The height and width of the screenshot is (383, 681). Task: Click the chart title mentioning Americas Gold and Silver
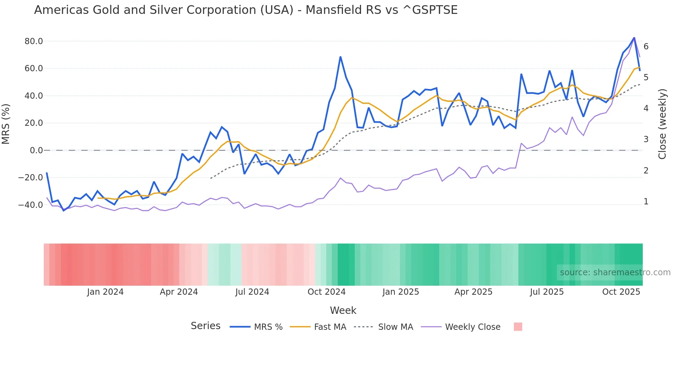click(x=246, y=10)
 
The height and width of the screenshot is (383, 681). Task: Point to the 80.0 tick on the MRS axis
click(x=34, y=41)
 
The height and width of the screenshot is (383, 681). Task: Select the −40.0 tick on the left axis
click(x=31, y=205)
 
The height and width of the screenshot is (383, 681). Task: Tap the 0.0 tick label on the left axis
click(x=36, y=150)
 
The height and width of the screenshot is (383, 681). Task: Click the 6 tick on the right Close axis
click(x=646, y=47)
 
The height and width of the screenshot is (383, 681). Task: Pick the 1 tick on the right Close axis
click(x=646, y=202)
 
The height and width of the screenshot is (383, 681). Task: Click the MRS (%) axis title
click(x=6, y=124)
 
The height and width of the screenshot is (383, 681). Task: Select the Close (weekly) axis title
click(x=662, y=124)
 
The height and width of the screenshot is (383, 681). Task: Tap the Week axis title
click(x=343, y=310)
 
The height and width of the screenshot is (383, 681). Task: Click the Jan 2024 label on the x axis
click(x=105, y=292)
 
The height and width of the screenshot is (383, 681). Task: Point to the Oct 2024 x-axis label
click(x=327, y=292)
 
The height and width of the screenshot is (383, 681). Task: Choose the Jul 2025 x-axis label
click(x=547, y=292)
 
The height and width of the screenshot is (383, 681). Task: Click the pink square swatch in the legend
click(x=518, y=327)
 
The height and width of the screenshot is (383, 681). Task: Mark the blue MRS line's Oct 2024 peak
click(x=340, y=57)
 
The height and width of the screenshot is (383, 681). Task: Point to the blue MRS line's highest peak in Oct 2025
click(x=634, y=38)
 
